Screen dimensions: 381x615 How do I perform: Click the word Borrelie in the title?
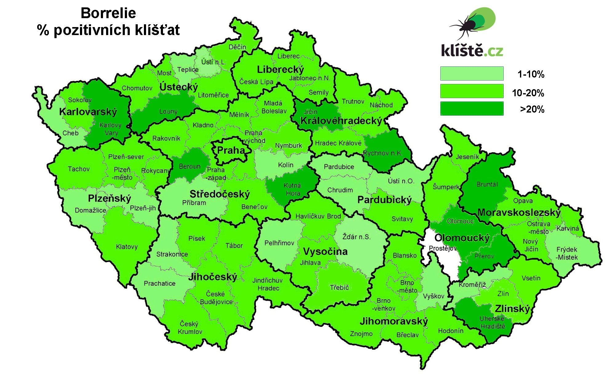tap(108, 13)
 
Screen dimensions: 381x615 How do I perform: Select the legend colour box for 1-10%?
tap(472, 74)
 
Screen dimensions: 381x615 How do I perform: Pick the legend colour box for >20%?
tap(472, 109)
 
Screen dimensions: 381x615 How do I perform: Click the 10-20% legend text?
tap(528, 93)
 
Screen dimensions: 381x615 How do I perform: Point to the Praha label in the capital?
tap(231, 150)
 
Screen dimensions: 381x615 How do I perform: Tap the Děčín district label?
tap(237, 47)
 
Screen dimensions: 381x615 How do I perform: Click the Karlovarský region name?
tap(88, 112)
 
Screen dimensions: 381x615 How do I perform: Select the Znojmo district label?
tap(361, 334)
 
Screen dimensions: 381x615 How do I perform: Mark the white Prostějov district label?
tap(442, 248)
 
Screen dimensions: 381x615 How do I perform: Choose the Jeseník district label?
tap(467, 157)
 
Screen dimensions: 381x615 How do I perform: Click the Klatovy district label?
tap(127, 247)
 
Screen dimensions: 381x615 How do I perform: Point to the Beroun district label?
tap(190, 166)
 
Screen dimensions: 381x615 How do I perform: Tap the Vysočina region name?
tap(325, 252)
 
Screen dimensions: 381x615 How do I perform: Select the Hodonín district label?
tap(450, 331)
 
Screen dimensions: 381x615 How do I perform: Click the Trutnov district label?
tap(353, 101)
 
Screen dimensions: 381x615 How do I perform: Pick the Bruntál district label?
tap(487, 185)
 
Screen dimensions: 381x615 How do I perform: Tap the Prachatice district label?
tap(160, 284)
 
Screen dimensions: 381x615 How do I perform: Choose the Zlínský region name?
tap(512, 308)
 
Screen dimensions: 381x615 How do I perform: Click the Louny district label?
tap(168, 111)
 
